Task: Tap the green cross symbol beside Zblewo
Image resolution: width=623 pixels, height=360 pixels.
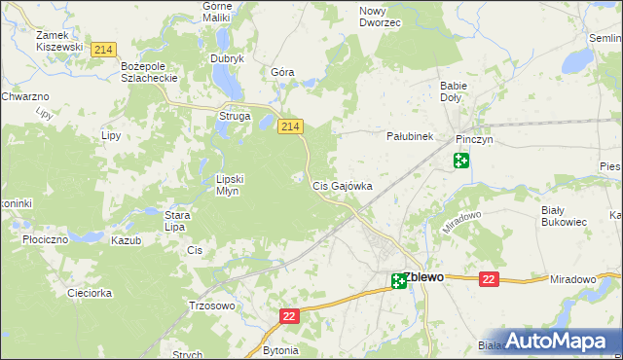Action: (399, 282)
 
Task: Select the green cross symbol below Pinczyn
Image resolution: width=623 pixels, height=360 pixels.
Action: (461, 161)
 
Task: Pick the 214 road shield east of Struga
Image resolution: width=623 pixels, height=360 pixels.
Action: (290, 126)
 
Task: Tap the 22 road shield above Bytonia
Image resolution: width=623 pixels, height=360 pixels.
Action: (289, 317)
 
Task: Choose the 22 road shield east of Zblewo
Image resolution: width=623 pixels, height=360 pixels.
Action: (489, 279)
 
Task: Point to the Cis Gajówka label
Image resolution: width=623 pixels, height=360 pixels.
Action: (342, 186)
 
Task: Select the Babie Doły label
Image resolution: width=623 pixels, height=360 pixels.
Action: (454, 91)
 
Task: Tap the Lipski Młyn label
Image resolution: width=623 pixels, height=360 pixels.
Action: (235, 185)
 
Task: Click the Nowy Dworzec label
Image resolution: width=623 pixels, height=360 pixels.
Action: (380, 16)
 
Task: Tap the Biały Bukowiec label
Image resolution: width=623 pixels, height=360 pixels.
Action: (564, 215)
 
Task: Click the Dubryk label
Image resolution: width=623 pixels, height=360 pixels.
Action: (227, 58)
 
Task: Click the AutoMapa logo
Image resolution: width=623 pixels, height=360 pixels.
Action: (557, 340)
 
